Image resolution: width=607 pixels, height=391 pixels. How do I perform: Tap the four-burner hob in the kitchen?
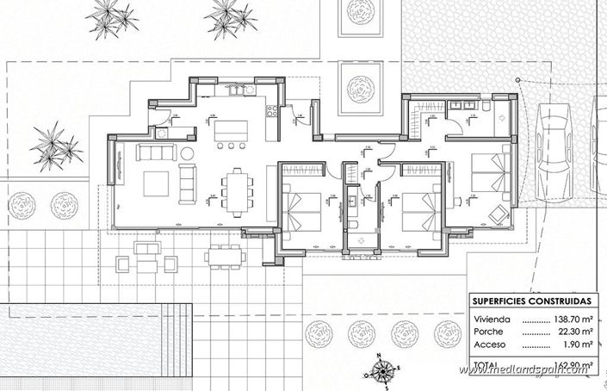[x=271, y=110]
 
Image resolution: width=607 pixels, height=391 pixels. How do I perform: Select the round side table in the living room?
[x=187, y=152]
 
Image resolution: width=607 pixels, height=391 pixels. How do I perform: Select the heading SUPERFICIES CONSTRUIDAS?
[x=531, y=301]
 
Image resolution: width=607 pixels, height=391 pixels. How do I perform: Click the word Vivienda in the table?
[x=491, y=319]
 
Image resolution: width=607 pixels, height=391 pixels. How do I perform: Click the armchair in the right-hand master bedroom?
[x=497, y=212]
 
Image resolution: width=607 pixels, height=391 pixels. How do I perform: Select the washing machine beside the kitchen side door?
[x=161, y=133]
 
